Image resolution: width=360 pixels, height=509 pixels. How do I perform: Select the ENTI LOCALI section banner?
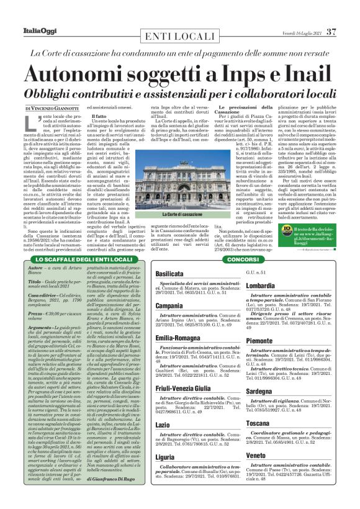tap(179, 36)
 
